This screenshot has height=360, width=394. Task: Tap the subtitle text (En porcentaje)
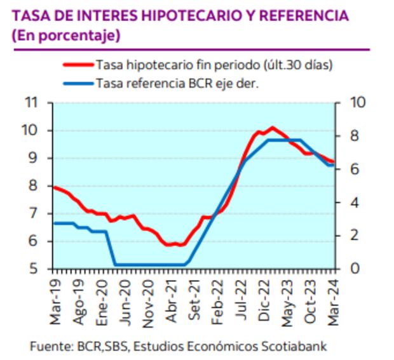(x=66, y=36)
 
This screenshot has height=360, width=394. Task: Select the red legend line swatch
(x=78, y=64)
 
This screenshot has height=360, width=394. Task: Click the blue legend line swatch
(x=78, y=83)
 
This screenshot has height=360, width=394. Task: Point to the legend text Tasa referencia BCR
(x=158, y=83)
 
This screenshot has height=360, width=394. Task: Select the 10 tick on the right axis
(x=351, y=103)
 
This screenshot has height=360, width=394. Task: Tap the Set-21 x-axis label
(x=194, y=297)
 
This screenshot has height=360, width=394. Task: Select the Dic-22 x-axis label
(x=264, y=297)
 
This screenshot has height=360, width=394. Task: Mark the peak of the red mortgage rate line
(x=273, y=127)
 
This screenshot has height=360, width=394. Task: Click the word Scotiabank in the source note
(x=296, y=347)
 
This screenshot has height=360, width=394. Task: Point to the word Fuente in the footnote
(x=48, y=347)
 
